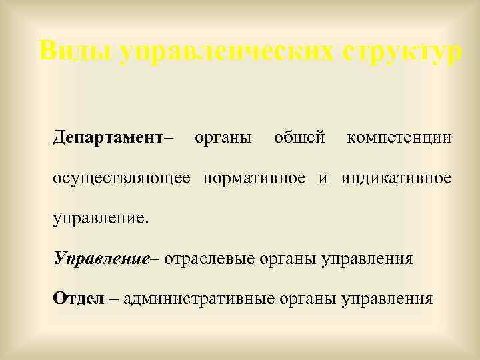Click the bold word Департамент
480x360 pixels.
(108, 138)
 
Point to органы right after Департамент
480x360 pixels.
(223, 138)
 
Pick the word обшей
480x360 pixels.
(299, 138)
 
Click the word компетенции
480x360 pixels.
(399, 138)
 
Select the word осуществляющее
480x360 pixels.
(121, 178)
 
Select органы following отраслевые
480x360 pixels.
(288, 258)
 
